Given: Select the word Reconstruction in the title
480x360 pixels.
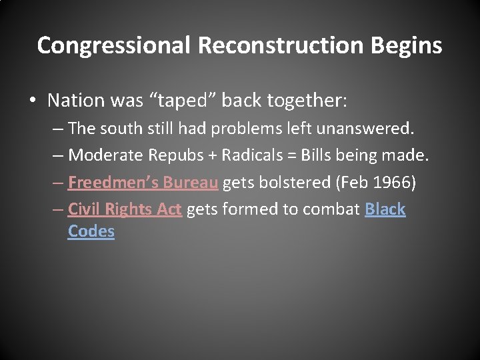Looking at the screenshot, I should [x=280, y=45].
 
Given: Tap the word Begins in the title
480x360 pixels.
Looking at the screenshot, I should [x=405, y=45].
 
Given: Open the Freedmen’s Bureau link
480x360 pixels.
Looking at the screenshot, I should [x=143, y=182].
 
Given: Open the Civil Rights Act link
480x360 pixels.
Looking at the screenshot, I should [x=125, y=209].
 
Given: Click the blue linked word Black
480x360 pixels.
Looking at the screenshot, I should [x=385, y=209].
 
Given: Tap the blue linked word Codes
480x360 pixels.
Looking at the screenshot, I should [x=91, y=231].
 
